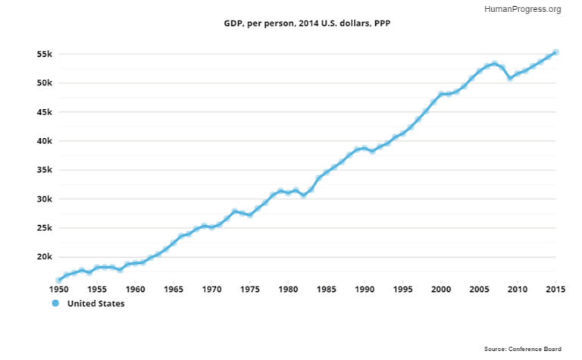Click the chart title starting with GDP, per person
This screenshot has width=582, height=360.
click(307, 24)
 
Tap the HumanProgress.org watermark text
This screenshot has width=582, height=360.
click(521, 9)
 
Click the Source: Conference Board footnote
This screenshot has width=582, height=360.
click(523, 349)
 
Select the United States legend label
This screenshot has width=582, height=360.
click(95, 304)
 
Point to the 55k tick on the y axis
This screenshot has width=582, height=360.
click(43, 55)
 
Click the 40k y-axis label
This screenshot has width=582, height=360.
click(43, 142)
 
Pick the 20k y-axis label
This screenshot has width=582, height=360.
click(43, 258)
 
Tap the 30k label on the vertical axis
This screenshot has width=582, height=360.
click(43, 199)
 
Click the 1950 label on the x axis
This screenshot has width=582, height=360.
click(58, 289)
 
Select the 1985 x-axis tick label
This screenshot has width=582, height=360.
click(326, 289)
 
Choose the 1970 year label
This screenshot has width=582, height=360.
click(211, 289)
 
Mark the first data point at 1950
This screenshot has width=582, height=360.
click(58, 280)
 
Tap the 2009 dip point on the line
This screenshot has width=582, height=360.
click(509, 78)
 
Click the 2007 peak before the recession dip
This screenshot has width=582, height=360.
click(494, 64)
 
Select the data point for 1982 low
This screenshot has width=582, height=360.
click(303, 195)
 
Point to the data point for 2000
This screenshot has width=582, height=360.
click(441, 94)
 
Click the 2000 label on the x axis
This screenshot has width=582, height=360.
click(441, 289)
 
